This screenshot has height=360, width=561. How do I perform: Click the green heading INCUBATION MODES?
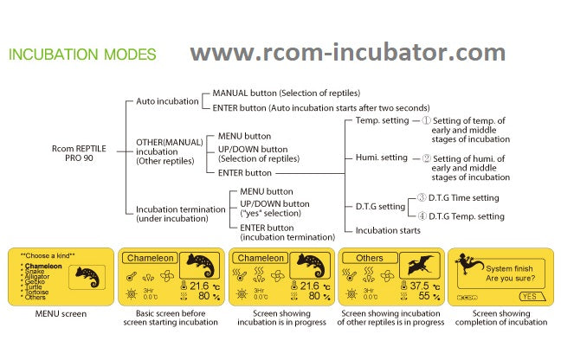pyautogui.click(x=82, y=55)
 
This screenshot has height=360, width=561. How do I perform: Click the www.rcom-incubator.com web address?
pyautogui.click(x=347, y=53)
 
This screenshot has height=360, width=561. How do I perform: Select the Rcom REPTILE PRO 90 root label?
pyautogui.click(x=79, y=153)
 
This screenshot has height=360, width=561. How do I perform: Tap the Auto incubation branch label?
pyautogui.click(x=167, y=101)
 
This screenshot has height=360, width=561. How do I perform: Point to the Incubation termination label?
pyautogui.click(x=171, y=214)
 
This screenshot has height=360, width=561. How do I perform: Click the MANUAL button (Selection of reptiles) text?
pyautogui.click(x=286, y=93)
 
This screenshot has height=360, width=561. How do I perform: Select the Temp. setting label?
pyautogui.click(x=381, y=120)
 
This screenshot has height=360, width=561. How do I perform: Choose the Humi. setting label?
pyautogui.click(x=381, y=157)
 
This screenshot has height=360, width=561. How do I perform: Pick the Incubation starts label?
pyautogui.click(x=388, y=230)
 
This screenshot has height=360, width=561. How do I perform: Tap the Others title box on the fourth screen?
pyautogui.click(x=370, y=258)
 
